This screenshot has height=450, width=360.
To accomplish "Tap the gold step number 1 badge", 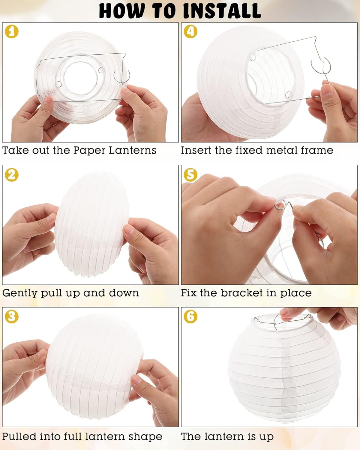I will click(12, 31).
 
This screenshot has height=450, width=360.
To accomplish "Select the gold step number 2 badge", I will click(12, 175).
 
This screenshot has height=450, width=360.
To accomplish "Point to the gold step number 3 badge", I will click(12, 317).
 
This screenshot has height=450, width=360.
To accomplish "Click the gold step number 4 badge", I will click(190, 31).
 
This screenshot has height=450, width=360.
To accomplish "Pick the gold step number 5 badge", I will click(190, 175).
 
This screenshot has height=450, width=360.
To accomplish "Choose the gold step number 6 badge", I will click(190, 317).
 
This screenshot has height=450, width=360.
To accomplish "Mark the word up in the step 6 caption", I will click(266, 436).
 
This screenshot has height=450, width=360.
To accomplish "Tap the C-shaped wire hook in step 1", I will click(123, 76).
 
